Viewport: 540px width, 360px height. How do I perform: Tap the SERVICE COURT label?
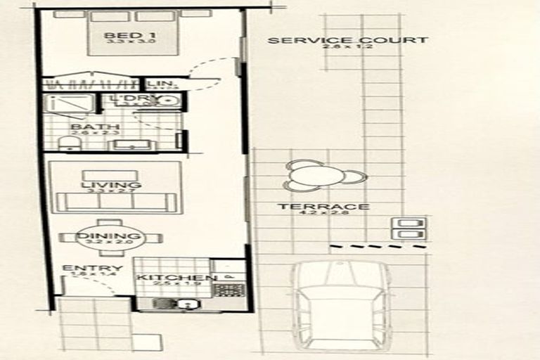pos(347,40)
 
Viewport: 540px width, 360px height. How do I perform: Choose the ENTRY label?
pos(83,269)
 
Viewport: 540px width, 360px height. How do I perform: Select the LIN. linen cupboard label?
pos(156,82)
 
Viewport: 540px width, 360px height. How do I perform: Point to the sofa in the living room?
pos(117,201)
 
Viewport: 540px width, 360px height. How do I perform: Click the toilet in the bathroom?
pos(69,144)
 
